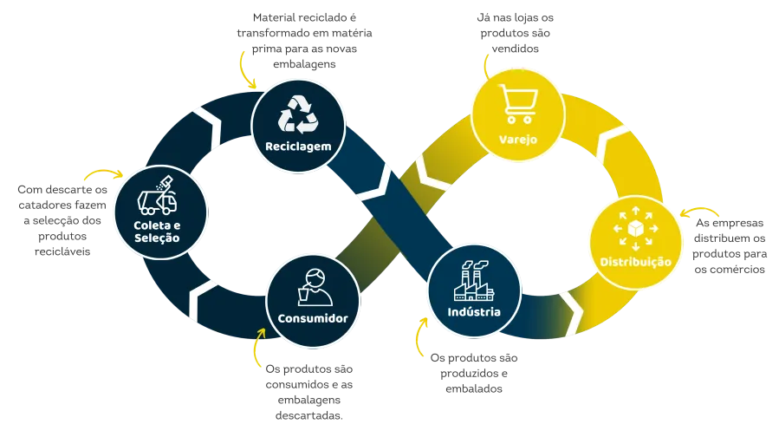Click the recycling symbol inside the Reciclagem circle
[x=299, y=115]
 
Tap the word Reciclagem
[x=299, y=146]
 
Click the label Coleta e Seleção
[x=159, y=232]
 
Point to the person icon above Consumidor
[x=313, y=286]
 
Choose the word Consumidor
[x=313, y=318]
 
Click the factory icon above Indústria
[x=474, y=278]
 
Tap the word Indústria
[x=474, y=311]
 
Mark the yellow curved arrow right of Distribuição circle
[x=691, y=217]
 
